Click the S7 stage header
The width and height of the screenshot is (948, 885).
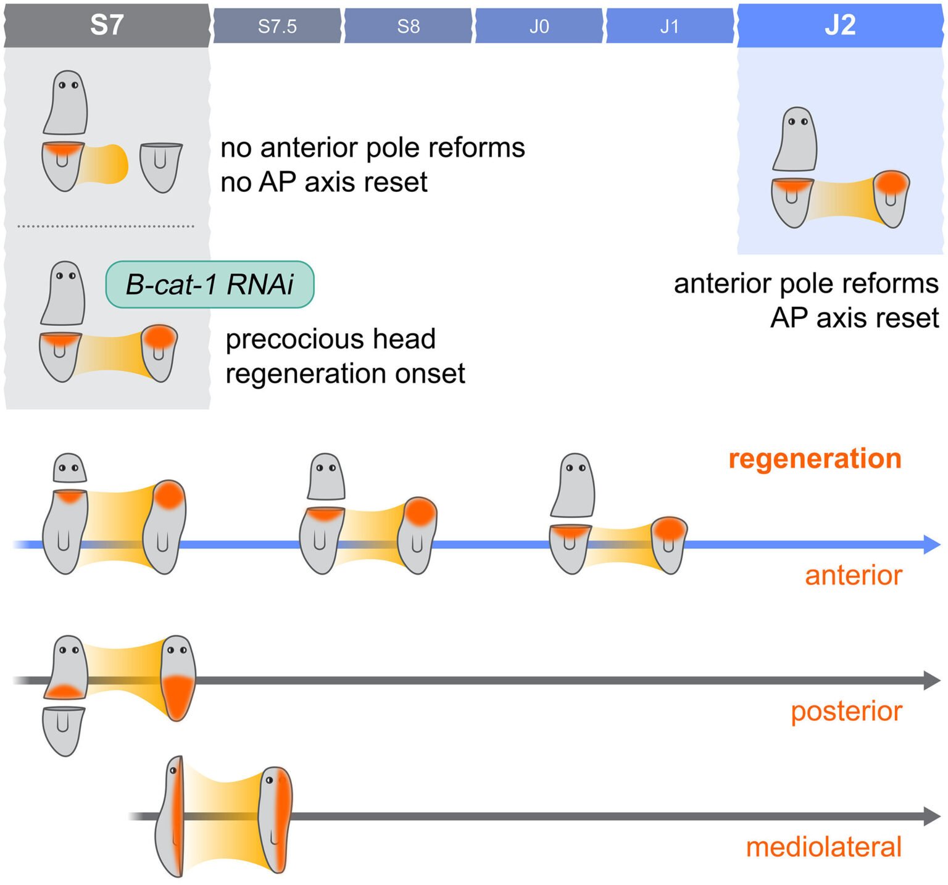click(x=107, y=25)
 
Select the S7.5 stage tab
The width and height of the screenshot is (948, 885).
click(x=277, y=26)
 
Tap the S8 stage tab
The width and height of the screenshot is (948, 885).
click(x=408, y=26)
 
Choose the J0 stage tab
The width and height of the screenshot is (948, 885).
click(x=539, y=26)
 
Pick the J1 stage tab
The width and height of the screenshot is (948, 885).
click(x=670, y=26)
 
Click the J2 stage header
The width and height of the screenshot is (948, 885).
click(x=840, y=25)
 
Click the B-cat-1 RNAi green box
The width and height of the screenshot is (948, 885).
click(x=210, y=285)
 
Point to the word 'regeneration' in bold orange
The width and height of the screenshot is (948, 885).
click(x=815, y=459)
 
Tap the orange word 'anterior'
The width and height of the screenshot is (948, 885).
click(x=853, y=575)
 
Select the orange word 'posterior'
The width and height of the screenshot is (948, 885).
click(x=846, y=711)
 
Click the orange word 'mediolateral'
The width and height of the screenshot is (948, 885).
click(x=823, y=847)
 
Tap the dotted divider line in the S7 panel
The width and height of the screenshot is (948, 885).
click(x=106, y=226)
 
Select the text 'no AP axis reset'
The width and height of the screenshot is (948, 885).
click(x=324, y=182)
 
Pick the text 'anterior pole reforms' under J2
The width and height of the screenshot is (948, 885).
click(x=806, y=284)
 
